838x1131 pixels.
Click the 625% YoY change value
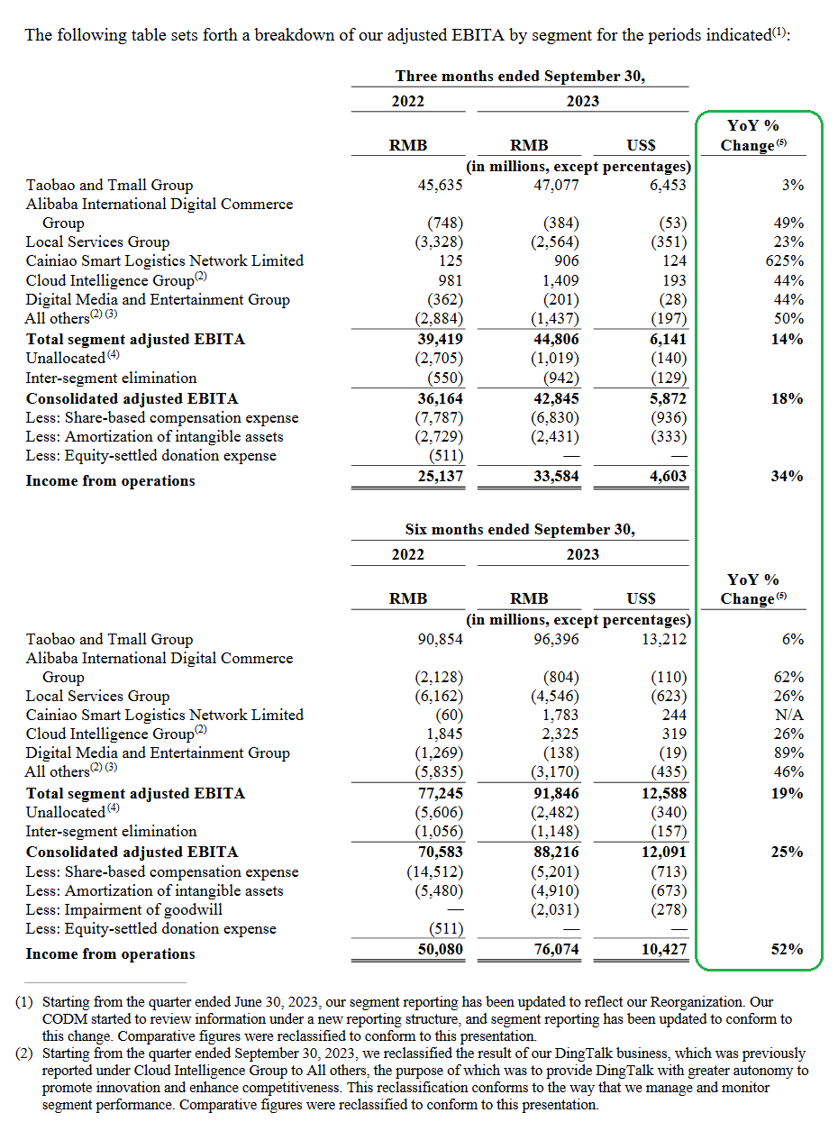784,260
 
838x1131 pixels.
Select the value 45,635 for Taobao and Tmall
440,185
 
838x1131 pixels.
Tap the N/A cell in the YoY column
789,715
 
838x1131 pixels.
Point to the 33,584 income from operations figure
556,476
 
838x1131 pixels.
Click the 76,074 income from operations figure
556,949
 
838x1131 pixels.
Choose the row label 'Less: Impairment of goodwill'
124,909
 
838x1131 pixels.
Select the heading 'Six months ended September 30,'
520,529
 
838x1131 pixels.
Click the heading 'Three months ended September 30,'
520,76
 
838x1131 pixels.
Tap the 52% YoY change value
787,949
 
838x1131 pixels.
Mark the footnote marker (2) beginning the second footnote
24,1053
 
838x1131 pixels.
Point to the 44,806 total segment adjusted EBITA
556,339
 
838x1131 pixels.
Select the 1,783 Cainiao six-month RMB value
560,715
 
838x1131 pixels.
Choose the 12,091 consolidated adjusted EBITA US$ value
663,852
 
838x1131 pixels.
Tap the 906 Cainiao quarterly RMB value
567,260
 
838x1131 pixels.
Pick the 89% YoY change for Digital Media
788,752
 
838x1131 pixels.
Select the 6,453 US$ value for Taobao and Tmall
668,185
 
